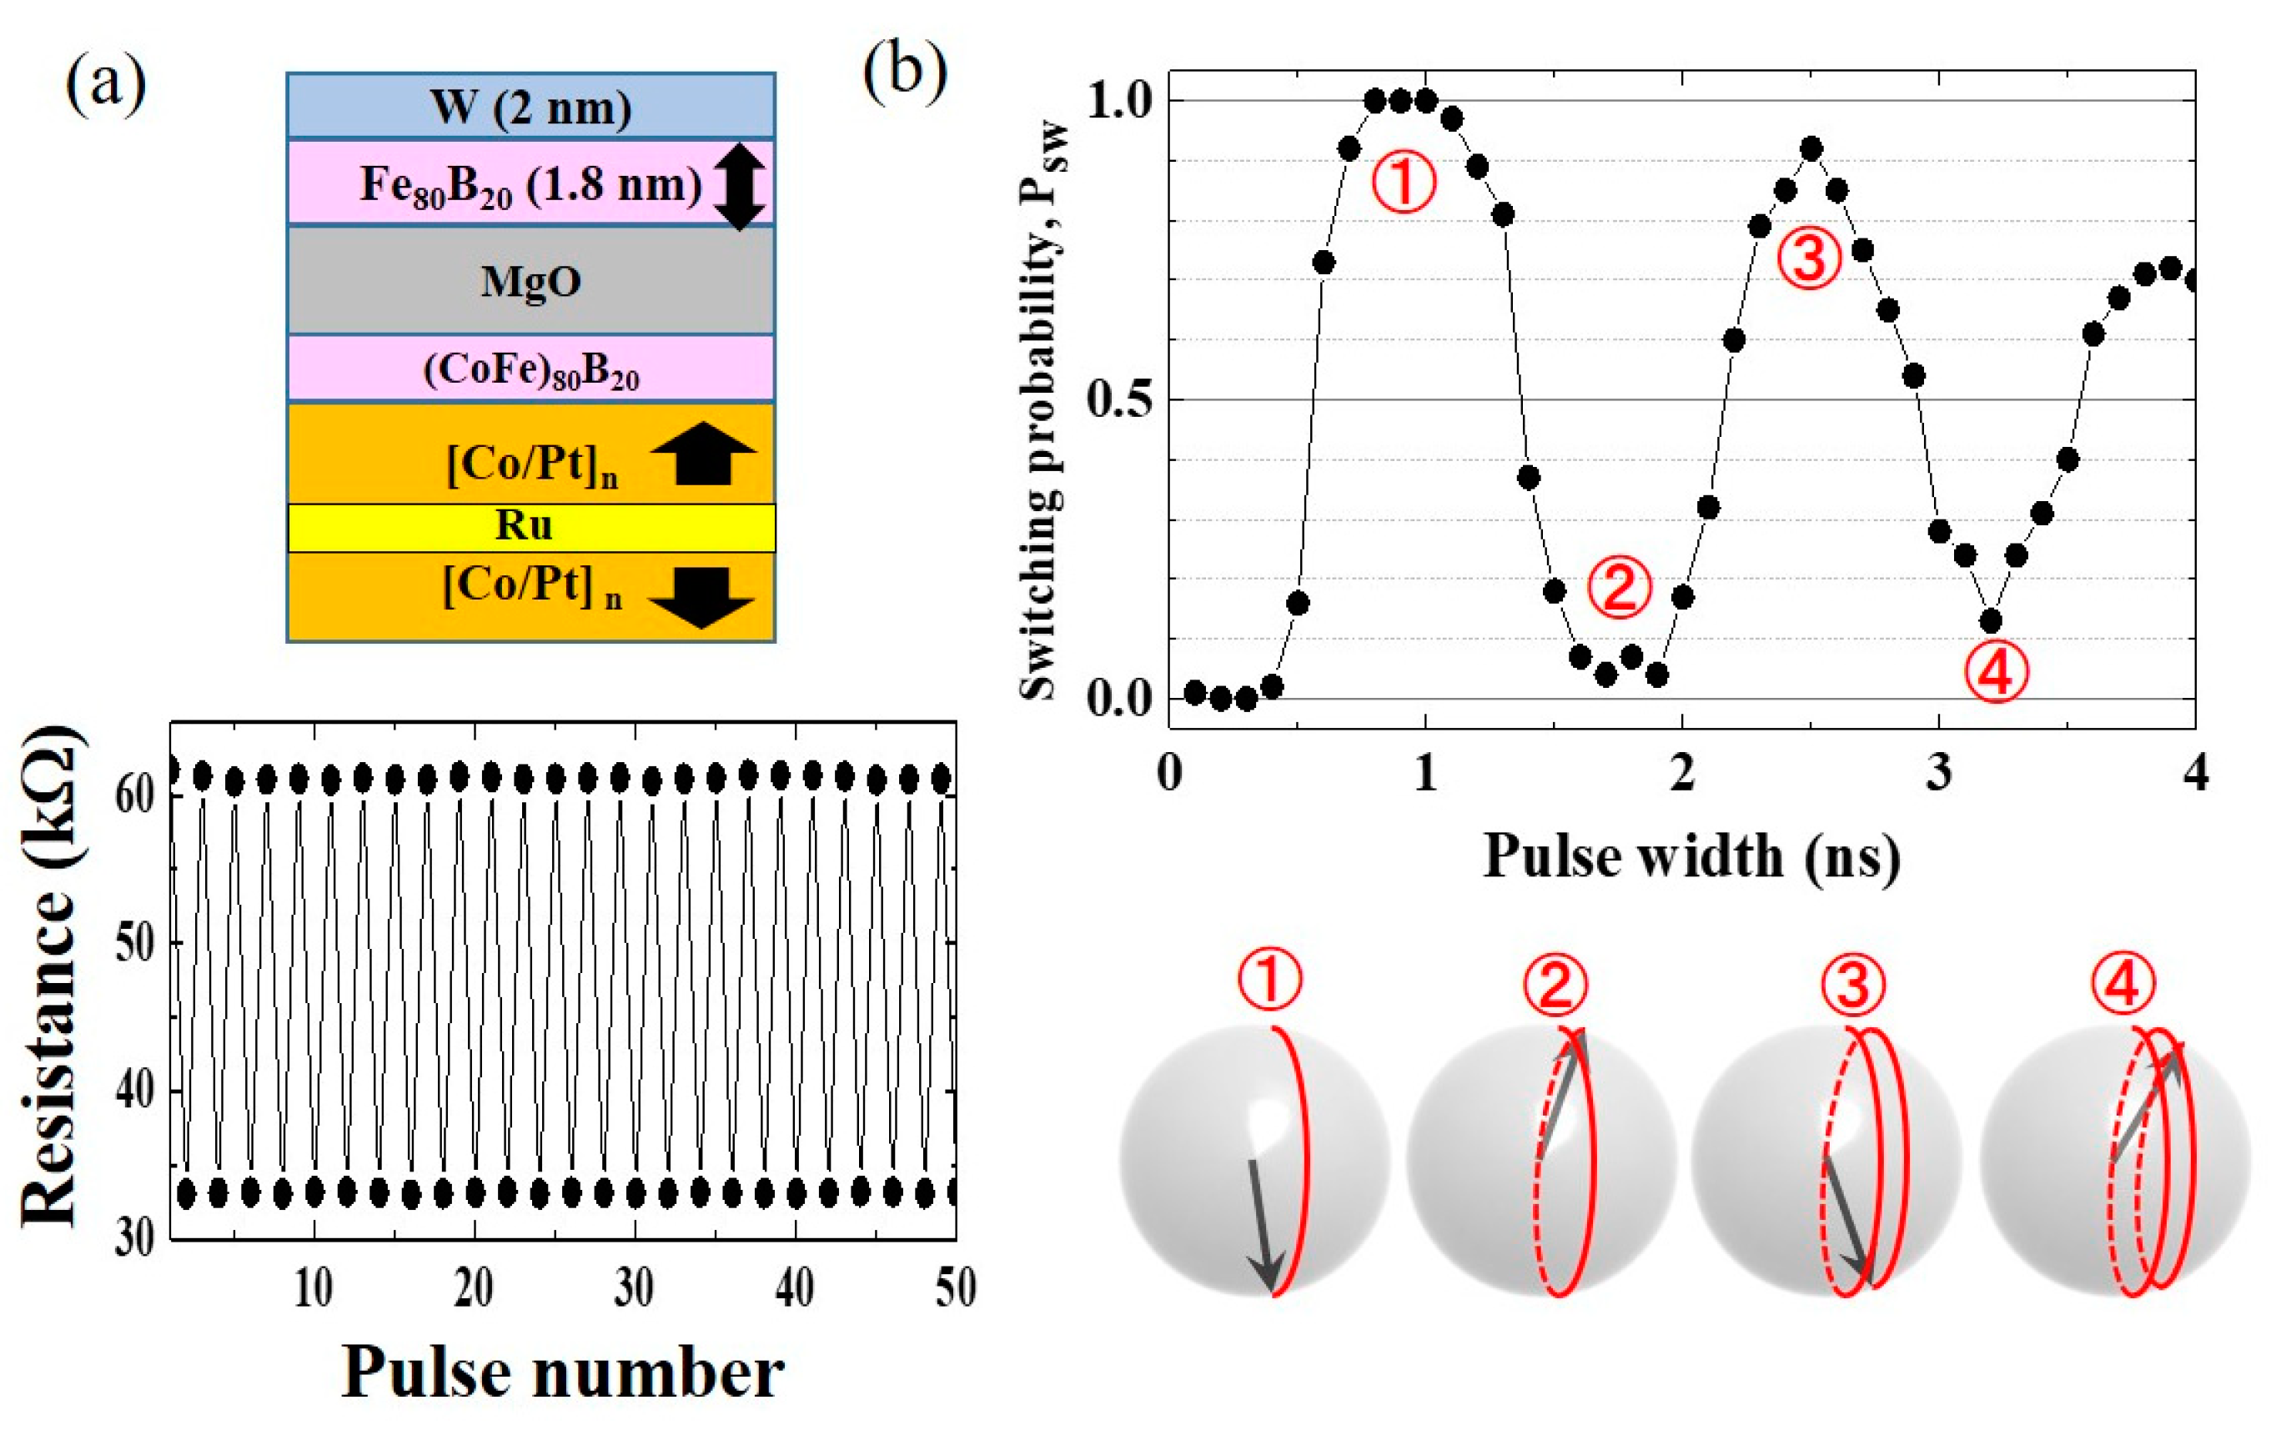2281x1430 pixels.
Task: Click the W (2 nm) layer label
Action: pos(530,107)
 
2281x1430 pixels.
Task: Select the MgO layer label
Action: pos(530,281)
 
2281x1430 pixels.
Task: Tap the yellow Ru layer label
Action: pos(524,526)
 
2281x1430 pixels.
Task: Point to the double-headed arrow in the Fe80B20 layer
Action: pos(739,183)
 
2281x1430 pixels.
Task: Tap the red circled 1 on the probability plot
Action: pos(1404,183)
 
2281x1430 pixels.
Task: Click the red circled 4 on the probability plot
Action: pos(1996,671)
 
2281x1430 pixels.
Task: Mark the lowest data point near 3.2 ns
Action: pos(1991,621)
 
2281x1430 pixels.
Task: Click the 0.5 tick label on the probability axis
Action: pos(1121,399)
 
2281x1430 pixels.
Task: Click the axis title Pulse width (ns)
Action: pos(1691,856)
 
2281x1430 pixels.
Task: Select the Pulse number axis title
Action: pos(563,1372)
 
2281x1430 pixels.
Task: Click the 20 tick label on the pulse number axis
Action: pos(473,1288)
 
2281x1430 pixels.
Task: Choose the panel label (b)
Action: pos(904,72)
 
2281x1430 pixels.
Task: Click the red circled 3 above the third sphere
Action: pos(1852,984)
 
